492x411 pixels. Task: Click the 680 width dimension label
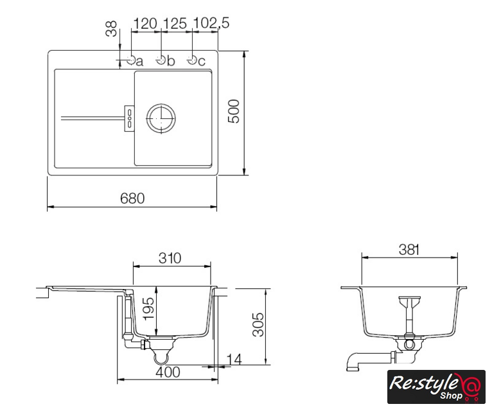132,198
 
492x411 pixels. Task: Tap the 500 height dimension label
234,111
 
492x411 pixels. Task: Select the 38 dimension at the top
111,28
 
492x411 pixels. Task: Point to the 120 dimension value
145,24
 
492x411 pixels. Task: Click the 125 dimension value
175,24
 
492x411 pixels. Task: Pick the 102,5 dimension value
211,23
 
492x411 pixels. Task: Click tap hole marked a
131,59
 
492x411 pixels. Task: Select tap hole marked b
161,59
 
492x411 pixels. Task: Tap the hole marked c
191,59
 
